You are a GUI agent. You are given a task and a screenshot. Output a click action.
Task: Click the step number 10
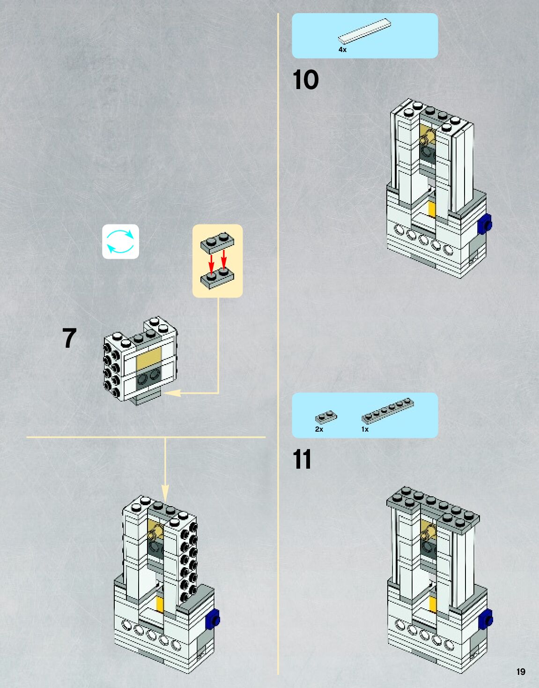click(x=305, y=80)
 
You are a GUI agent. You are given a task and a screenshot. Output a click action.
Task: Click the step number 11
click(x=302, y=459)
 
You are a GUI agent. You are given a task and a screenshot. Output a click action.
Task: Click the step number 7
click(x=69, y=338)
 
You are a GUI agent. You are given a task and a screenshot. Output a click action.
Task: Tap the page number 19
click(x=521, y=672)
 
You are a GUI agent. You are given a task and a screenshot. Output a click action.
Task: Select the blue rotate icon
click(x=121, y=241)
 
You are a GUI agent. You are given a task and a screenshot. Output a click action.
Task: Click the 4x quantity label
click(x=342, y=50)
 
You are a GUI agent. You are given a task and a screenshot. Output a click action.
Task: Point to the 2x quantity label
click(x=319, y=429)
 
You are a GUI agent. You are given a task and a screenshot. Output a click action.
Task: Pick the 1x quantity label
click(x=365, y=429)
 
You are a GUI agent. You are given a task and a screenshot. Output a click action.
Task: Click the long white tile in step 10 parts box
click(x=364, y=31)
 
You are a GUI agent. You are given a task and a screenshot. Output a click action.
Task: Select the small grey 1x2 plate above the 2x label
click(x=325, y=417)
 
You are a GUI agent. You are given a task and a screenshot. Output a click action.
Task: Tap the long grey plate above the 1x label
click(x=388, y=410)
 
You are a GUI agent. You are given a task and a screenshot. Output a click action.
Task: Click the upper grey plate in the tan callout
click(x=218, y=242)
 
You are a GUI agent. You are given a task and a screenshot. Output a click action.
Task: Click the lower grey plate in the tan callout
click(x=217, y=278)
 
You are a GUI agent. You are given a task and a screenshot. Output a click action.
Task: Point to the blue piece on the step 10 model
click(x=485, y=224)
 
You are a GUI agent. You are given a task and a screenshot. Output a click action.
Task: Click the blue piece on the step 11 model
click(x=486, y=619)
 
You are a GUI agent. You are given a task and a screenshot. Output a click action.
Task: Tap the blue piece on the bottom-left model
click(x=213, y=619)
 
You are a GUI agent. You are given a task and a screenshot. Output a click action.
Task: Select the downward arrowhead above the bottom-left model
click(x=165, y=494)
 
